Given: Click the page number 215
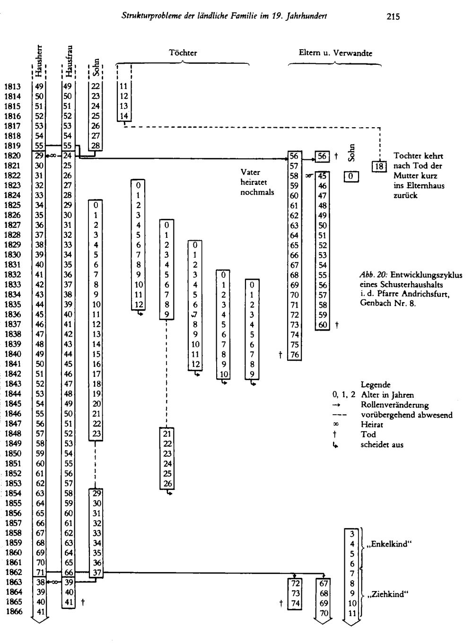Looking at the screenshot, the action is click(x=393, y=17).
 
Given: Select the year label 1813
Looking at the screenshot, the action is click(x=13, y=87).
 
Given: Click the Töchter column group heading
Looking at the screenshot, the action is click(x=183, y=52).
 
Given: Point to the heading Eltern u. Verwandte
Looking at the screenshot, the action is click(x=335, y=53).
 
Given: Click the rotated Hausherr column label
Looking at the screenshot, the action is click(x=39, y=61).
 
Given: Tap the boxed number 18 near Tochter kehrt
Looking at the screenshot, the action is click(x=379, y=166).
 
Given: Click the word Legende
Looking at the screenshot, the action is click(x=376, y=385).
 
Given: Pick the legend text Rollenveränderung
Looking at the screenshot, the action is click(x=394, y=405).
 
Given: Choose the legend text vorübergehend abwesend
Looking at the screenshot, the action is click(x=407, y=415).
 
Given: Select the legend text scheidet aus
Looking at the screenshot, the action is click(x=382, y=444).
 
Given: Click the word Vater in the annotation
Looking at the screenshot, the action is click(x=250, y=172).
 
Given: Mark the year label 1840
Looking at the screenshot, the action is click(x=13, y=354).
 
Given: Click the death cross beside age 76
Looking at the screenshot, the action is click(x=280, y=355).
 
